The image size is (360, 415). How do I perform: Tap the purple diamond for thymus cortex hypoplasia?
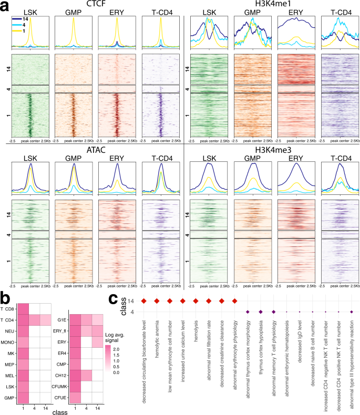pos(261,312)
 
